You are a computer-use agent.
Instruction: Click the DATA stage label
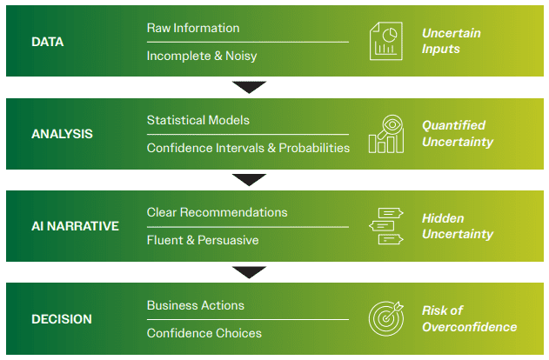(x=49, y=42)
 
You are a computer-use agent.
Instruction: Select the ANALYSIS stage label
(x=62, y=134)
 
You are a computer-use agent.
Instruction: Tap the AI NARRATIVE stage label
(x=75, y=226)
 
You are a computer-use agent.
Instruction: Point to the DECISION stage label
(x=62, y=319)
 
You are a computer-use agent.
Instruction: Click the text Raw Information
(x=193, y=28)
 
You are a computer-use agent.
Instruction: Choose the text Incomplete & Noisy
(x=202, y=56)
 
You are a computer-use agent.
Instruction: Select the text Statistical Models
(x=198, y=119)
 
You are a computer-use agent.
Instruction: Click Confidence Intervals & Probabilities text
(x=248, y=148)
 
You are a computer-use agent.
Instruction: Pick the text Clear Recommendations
(x=217, y=212)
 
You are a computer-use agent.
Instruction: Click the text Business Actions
(x=195, y=305)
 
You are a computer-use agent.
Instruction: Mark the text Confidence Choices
(x=204, y=333)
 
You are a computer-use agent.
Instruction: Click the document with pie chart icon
(x=385, y=42)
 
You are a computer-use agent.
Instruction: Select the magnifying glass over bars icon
(x=385, y=134)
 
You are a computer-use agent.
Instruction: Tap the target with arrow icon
(x=385, y=319)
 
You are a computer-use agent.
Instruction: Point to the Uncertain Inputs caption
(x=451, y=42)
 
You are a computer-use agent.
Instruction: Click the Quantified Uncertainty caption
(x=457, y=134)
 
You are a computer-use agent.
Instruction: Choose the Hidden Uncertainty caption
(x=457, y=226)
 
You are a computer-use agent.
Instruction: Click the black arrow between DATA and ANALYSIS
(x=250, y=87)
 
